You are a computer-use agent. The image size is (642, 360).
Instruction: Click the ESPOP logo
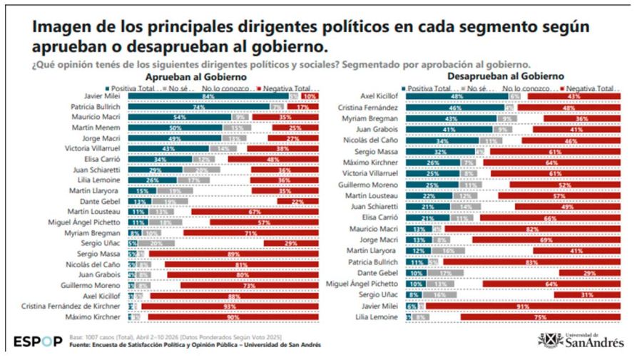pyautogui.click(x=37, y=341)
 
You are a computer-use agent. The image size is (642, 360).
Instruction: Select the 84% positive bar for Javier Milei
pyautogui.click(x=208, y=96)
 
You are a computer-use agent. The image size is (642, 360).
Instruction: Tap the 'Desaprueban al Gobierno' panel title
pyautogui.click(x=505, y=76)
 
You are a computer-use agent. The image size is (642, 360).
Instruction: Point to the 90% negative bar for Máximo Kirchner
pyautogui.click(x=233, y=316)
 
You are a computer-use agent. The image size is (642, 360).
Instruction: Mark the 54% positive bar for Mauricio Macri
pyautogui.click(x=180, y=117)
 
